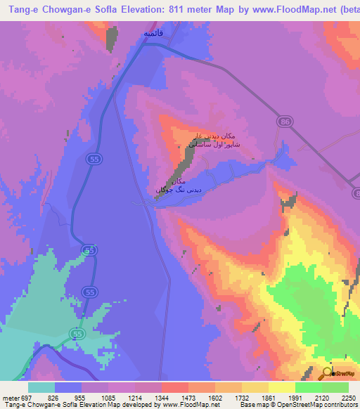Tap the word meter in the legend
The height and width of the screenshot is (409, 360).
8,398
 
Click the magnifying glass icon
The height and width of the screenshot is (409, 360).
327,373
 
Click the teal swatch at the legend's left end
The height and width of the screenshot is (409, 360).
41,387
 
